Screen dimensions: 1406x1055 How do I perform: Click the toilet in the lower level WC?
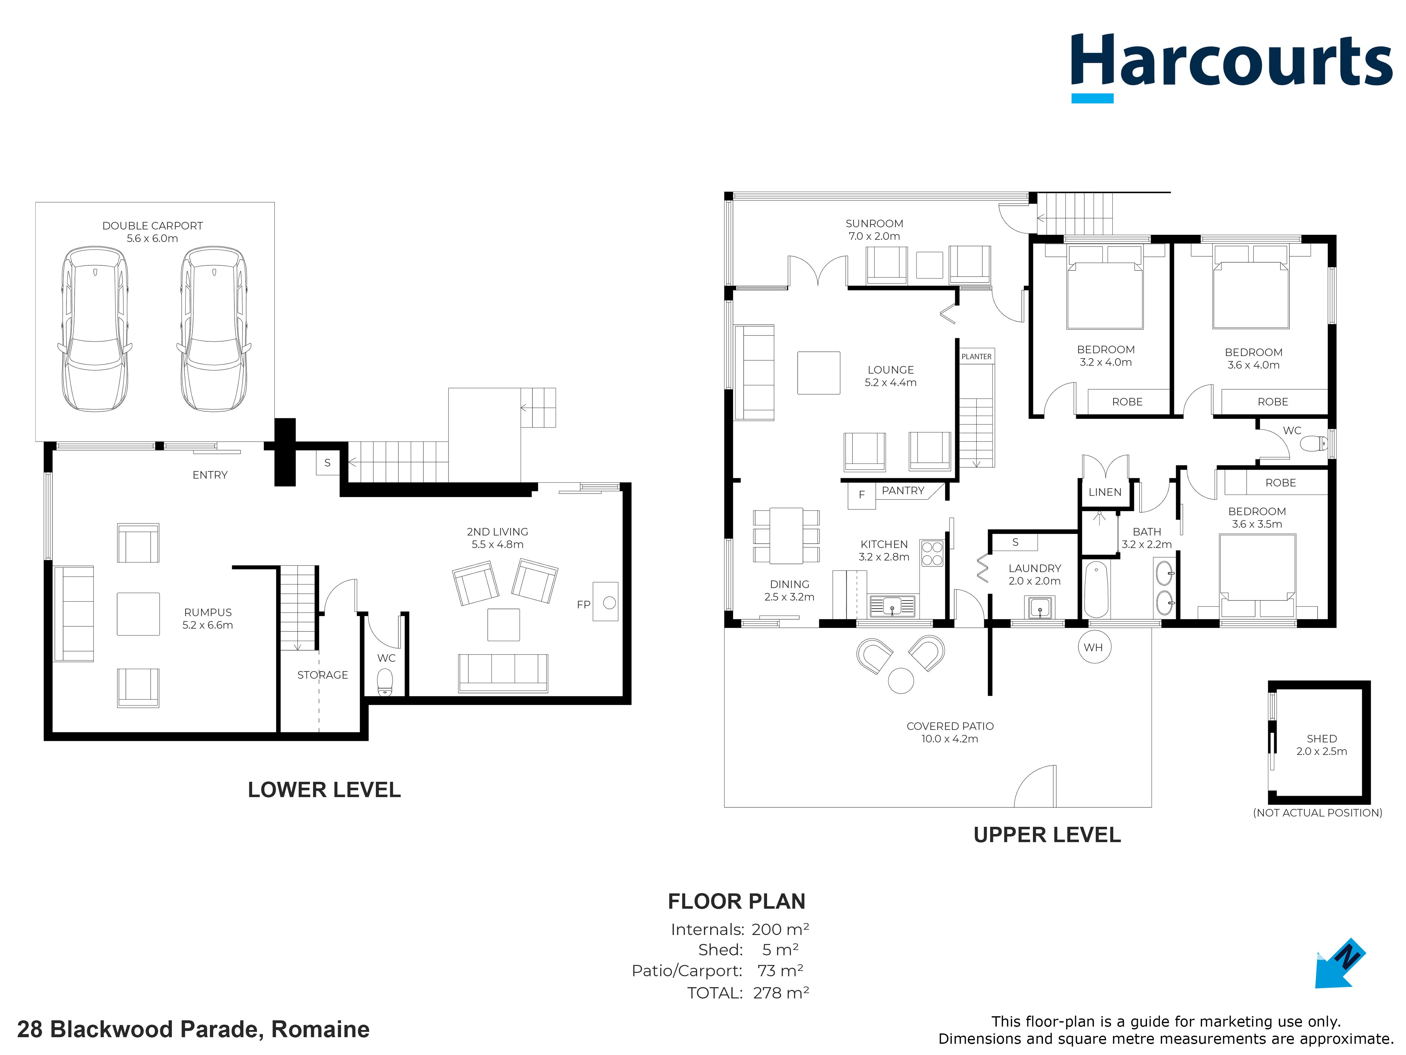(385, 682)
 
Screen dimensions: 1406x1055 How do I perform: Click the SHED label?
(1321, 738)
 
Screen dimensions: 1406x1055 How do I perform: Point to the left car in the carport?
(94, 329)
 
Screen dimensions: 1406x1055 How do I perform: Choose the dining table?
(786, 535)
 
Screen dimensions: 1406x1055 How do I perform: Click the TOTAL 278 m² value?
(780, 993)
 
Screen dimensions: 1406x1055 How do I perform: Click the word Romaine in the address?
(320, 1030)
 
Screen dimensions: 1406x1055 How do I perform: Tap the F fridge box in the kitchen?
(862, 495)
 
